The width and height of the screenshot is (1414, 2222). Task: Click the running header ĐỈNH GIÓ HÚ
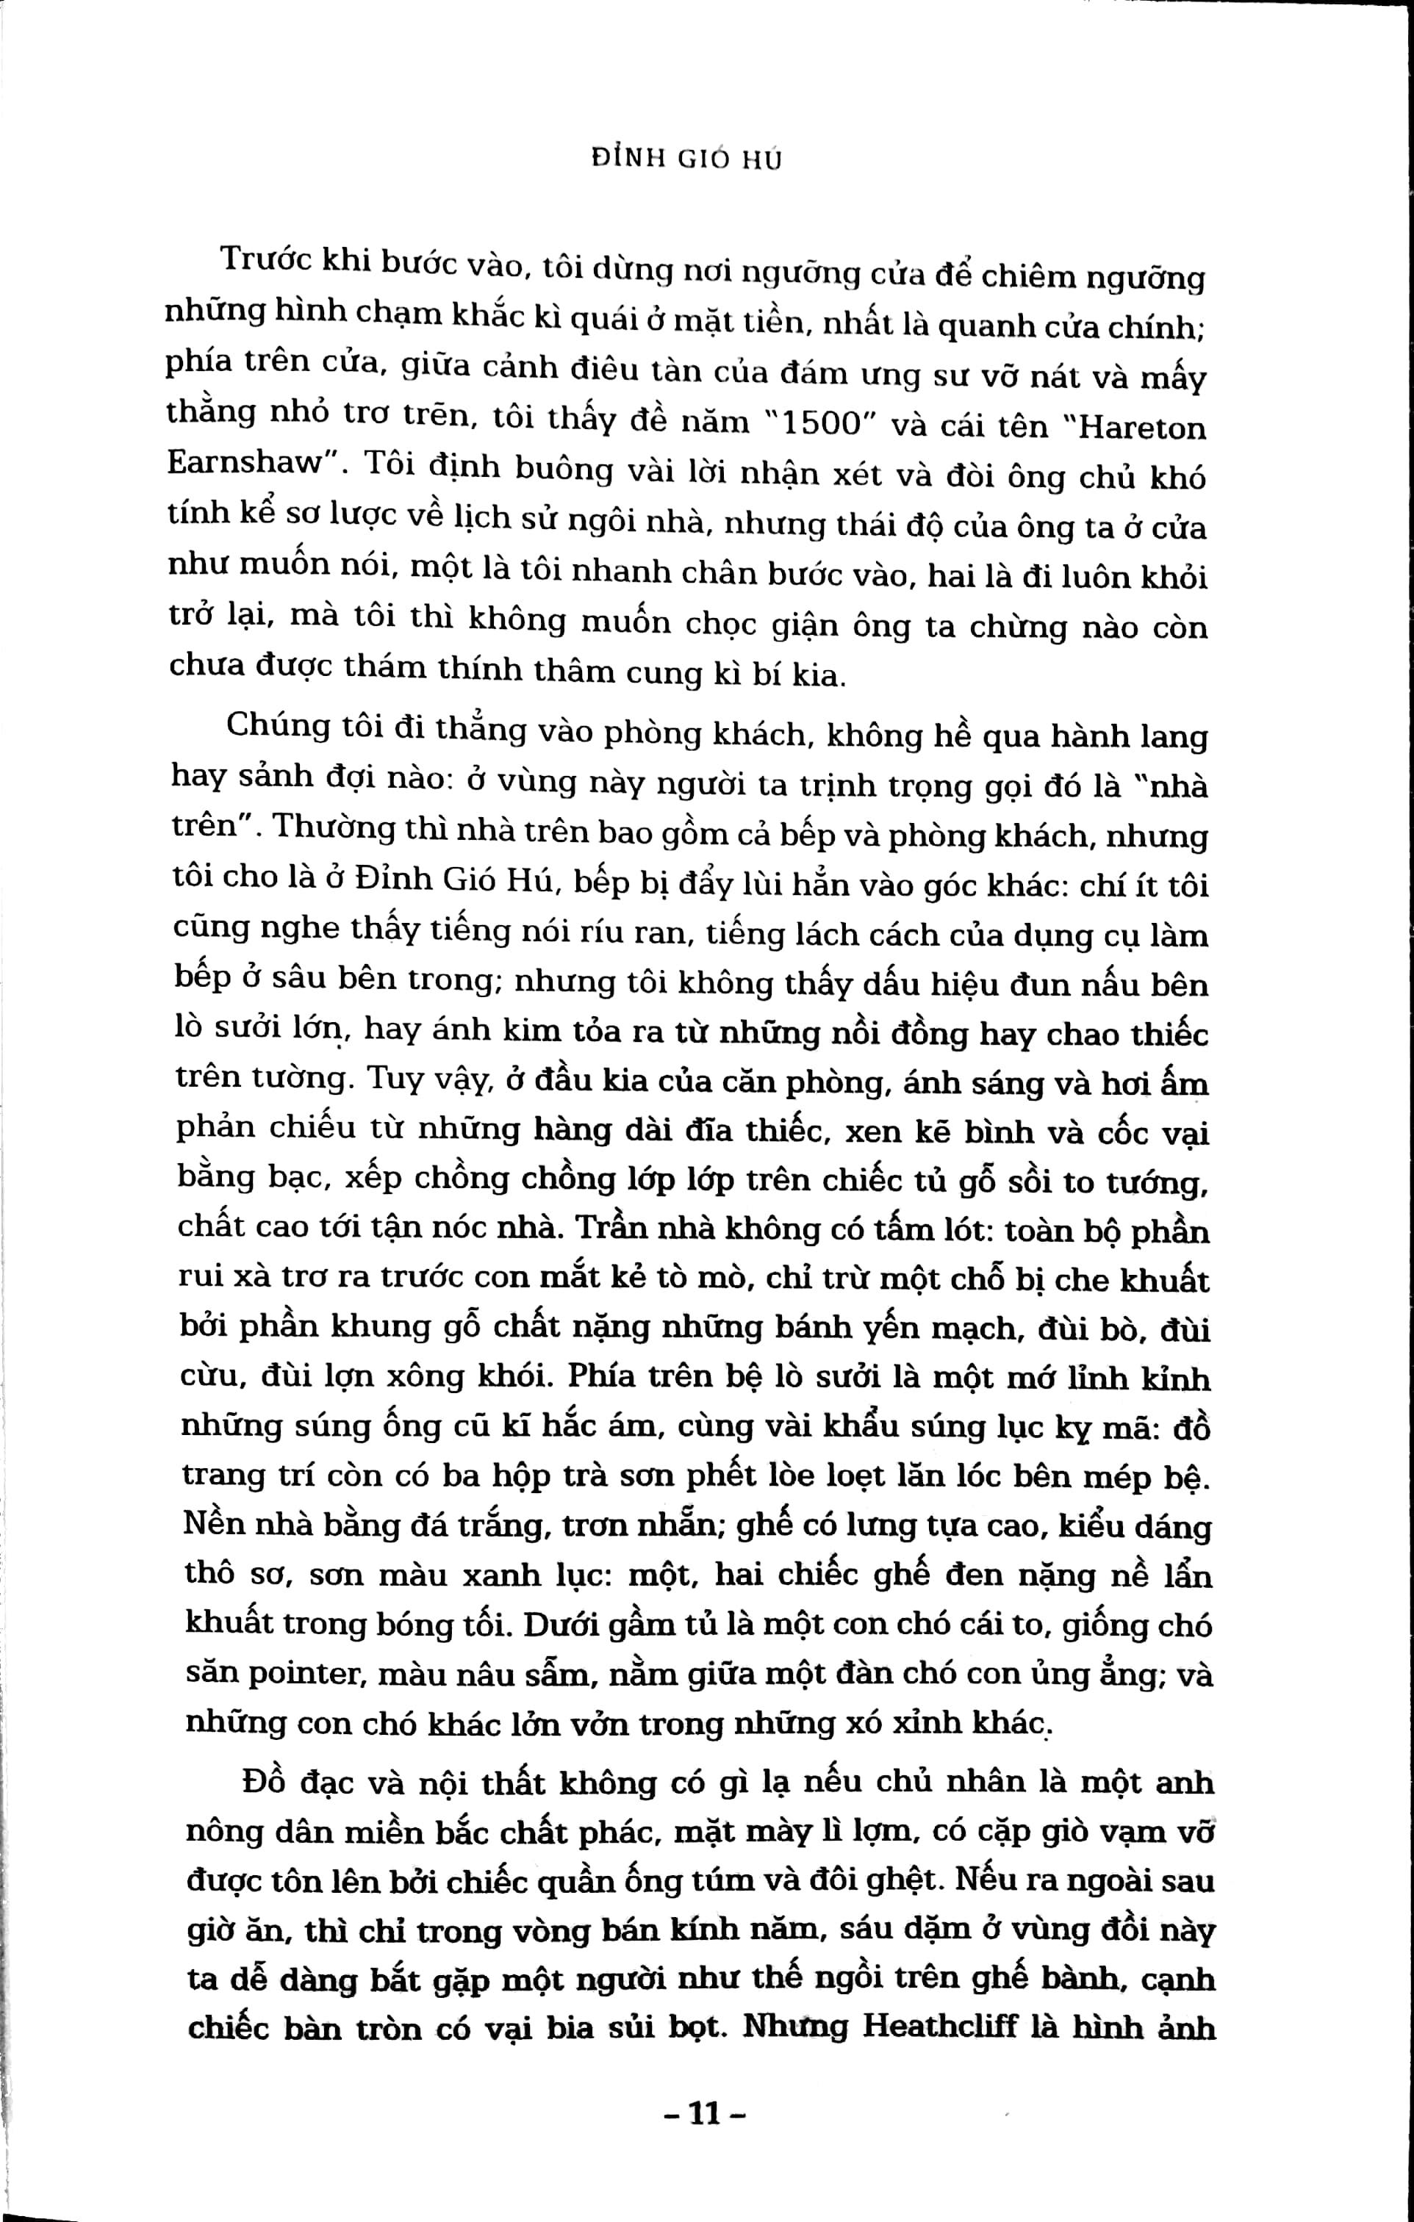coord(686,159)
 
